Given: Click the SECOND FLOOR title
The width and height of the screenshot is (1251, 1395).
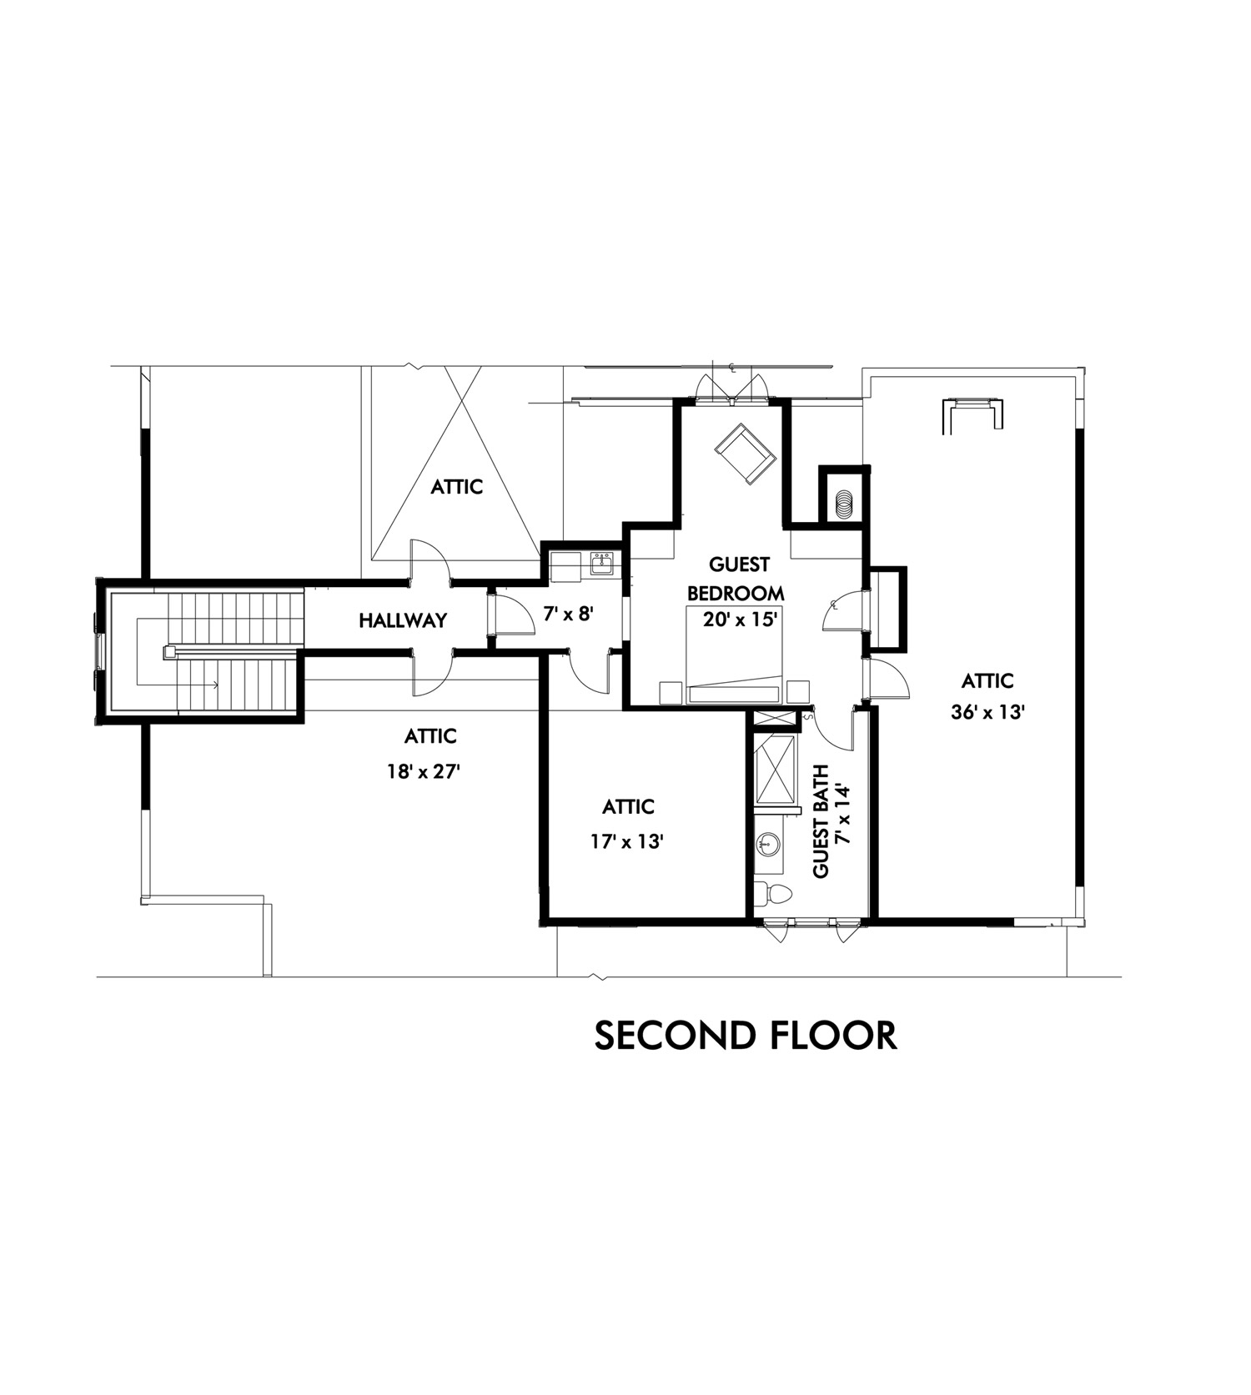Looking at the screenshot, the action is [x=746, y=1035].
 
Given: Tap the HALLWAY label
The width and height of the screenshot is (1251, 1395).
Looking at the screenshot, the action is [x=403, y=620].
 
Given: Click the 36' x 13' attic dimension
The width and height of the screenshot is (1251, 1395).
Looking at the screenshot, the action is [x=987, y=713].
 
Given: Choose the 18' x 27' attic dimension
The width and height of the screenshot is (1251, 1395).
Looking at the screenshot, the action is [x=424, y=772].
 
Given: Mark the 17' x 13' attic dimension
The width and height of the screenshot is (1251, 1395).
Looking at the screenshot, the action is [x=627, y=842].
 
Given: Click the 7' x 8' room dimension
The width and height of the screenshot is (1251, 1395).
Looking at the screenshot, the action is [x=568, y=615].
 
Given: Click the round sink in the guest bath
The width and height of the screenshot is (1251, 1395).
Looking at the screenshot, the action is [x=766, y=845].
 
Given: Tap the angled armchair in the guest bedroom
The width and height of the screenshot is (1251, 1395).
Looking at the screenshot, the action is [x=744, y=452].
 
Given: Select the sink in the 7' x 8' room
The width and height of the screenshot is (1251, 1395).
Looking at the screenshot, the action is [x=602, y=565].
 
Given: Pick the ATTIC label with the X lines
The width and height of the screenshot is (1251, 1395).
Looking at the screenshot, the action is [x=456, y=486].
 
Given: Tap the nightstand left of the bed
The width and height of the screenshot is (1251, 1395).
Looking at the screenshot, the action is [x=671, y=692].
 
